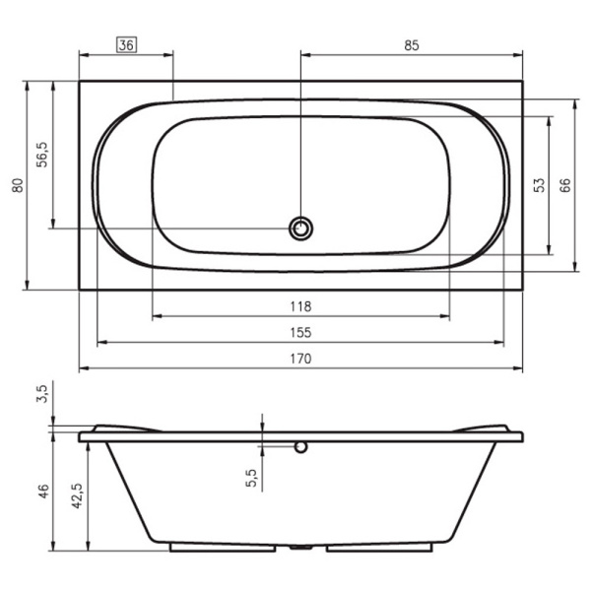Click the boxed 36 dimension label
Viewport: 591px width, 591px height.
(x=127, y=45)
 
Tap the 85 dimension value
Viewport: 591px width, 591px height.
(x=411, y=45)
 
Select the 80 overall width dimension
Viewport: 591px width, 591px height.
(x=18, y=185)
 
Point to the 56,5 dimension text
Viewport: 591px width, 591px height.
(x=41, y=155)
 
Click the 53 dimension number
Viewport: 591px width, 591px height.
(x=540, y=185)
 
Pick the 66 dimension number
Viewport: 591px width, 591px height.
(x=565, y=185)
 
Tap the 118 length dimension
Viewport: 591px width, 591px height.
(x=300, y=306)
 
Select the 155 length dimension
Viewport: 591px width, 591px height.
(x=300, y=333)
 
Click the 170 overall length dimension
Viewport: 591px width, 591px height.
(x=300, y=359)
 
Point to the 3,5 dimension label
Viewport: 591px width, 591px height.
(x=42, y=394)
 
